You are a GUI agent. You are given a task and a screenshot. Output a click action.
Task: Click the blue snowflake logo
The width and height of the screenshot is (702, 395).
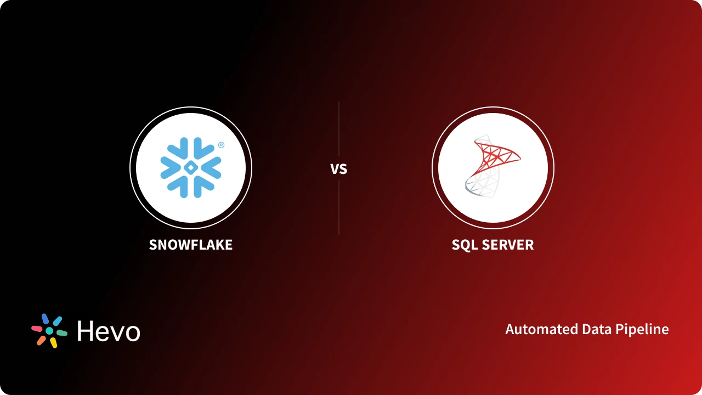point(190,168)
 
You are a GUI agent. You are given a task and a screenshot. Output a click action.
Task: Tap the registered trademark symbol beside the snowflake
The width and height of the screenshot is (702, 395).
point(221,145)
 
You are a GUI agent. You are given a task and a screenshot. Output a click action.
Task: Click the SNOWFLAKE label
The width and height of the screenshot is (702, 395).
point(191,245)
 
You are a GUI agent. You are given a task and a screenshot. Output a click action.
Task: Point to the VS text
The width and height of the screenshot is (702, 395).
point(339,169)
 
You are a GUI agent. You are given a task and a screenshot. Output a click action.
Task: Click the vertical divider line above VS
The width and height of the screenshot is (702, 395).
point(339,129)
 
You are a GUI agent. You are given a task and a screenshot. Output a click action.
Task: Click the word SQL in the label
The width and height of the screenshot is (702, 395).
point(463,245)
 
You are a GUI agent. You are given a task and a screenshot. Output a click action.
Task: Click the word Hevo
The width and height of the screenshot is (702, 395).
point(109,331)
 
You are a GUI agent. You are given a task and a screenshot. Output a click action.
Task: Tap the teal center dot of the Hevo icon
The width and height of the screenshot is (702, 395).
point(49,331)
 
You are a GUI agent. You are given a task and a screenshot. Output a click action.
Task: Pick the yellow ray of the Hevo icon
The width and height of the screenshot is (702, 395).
point(54,343)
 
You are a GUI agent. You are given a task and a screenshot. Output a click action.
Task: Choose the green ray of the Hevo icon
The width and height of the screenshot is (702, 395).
point(62,333)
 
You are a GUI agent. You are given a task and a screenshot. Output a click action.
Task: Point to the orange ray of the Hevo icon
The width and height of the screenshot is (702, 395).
point(41,341)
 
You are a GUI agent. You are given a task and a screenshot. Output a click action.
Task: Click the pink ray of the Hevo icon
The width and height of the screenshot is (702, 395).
point(37,329)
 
